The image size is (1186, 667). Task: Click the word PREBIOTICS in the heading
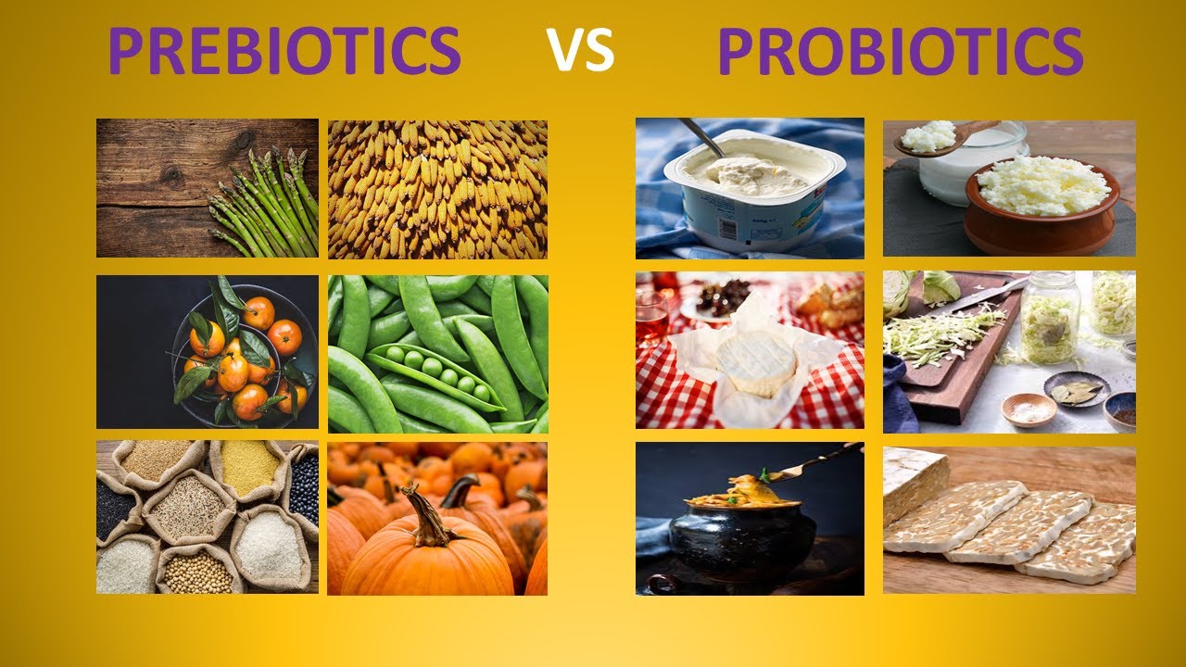[284, 51]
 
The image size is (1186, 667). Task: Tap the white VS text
[580, 51]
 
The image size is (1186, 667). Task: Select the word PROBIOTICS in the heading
[900, 51]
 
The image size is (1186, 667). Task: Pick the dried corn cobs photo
[437, 189]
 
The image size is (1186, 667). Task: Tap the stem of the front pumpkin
[428, 518]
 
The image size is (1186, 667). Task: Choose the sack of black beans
[302, 485]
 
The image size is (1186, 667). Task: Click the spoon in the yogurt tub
[702, 136]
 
